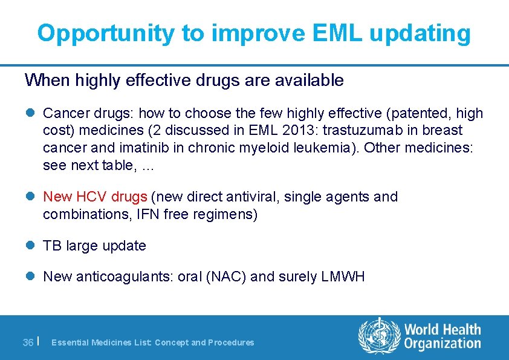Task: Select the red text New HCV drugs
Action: click(x=95, y=197)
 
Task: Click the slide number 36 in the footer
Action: click(x=28, y=342)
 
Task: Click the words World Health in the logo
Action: click(x=443, y=330)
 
